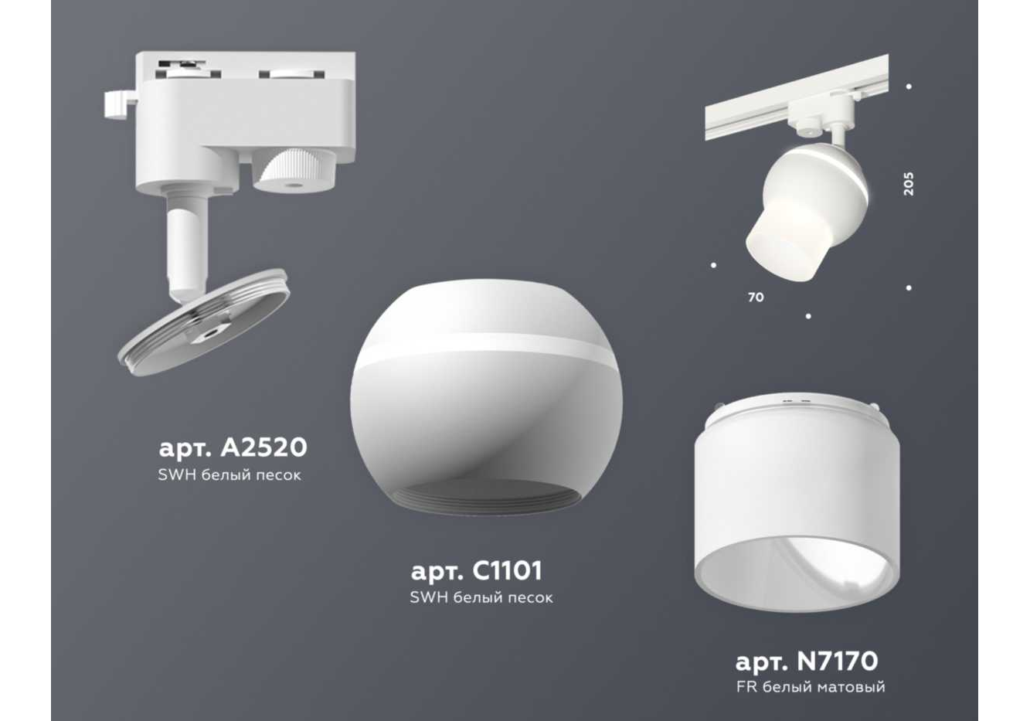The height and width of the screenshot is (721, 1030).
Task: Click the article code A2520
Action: point(233,447)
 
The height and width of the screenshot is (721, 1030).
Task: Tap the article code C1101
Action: point(477,570)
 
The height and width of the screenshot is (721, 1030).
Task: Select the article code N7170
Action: point(807,661)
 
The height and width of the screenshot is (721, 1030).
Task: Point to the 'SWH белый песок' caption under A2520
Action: point(229,474)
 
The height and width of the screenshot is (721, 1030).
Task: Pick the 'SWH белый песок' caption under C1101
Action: point(481,597)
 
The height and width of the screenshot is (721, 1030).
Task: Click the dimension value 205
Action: point(909,184)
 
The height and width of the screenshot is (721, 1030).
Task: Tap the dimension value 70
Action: point(756,298)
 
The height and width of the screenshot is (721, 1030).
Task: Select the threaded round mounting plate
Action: point(204,322)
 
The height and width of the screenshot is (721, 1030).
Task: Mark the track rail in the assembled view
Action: point(797,97)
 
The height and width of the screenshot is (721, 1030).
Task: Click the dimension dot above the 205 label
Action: point(909,87)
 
